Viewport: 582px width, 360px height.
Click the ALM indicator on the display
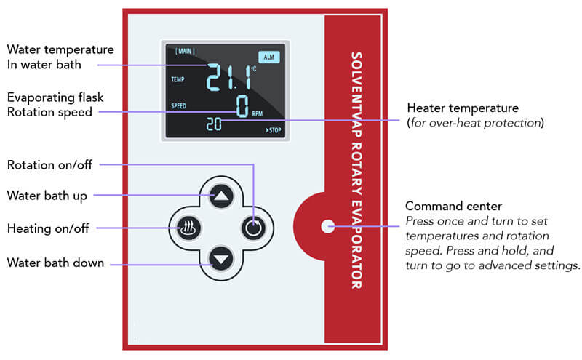[268, 56]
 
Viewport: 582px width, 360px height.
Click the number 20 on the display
[214, 125]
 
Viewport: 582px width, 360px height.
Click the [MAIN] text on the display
[186, 51]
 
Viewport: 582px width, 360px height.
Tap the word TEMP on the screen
[178, 80]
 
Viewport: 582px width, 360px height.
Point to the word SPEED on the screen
[179, 106]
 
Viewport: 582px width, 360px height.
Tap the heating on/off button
[188, 228]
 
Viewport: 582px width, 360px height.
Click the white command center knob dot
[324, 226]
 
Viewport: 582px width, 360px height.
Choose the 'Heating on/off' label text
[48, 228]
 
